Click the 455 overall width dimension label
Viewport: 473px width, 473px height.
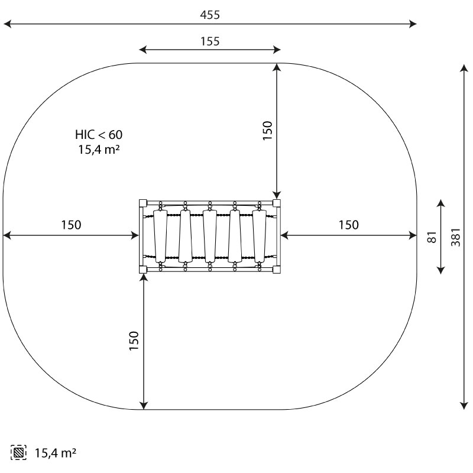(210, 15)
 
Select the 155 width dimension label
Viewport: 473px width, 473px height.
(210, 41)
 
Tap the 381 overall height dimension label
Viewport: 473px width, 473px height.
(456, 237)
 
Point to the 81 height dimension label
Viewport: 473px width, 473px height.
(432, 237)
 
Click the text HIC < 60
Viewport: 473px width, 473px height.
(99, 135)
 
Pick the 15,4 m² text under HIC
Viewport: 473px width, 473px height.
(99, 150)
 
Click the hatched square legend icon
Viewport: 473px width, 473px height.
(18, 452)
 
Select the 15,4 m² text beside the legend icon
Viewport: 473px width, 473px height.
(56, 453)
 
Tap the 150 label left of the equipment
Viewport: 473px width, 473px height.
(71, 225)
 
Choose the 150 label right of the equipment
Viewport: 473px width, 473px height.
(349, 225)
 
